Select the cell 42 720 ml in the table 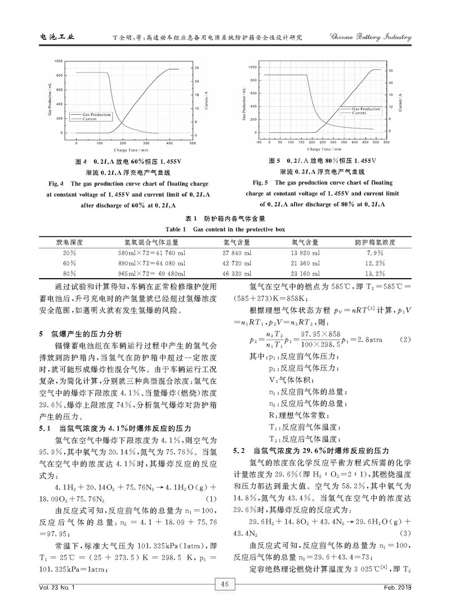click(x=237, y=263)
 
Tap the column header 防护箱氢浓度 click(x=374, y=242)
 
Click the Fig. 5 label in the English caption click(x=262, y=183)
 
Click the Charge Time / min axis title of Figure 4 click(x=131, y=150)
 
